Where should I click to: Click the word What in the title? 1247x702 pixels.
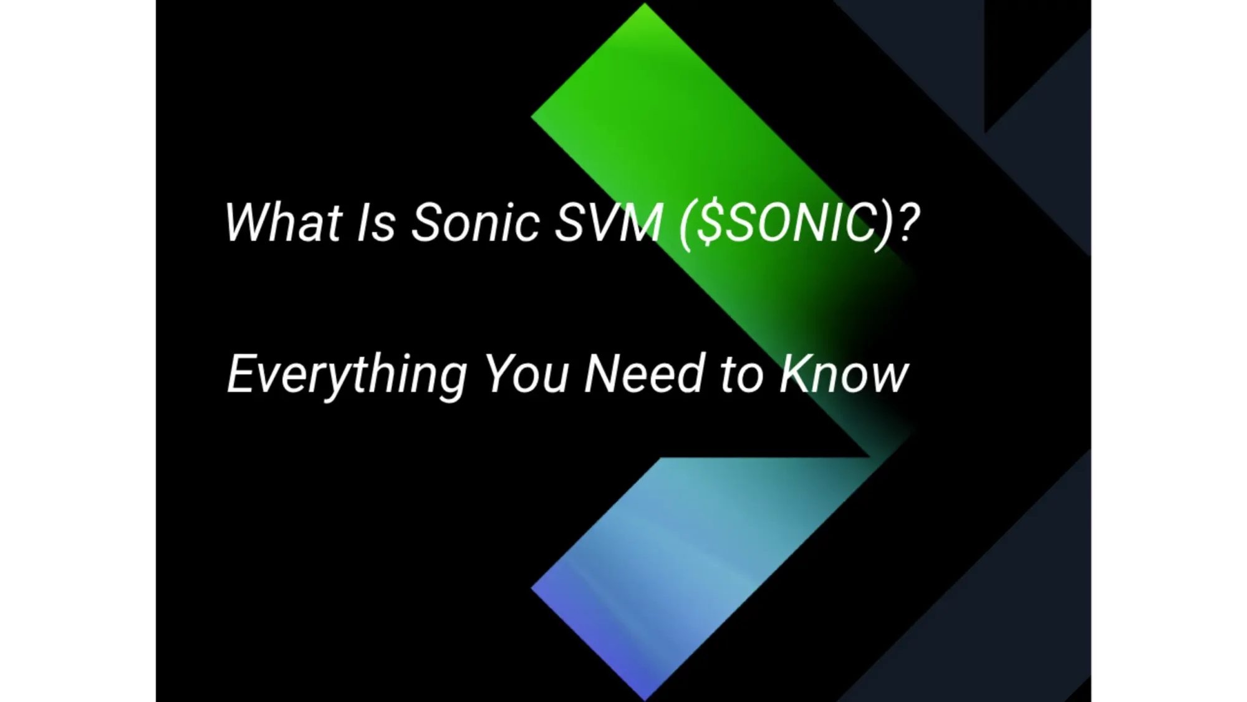[283, 222]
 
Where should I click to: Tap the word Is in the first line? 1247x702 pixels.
[376, 222]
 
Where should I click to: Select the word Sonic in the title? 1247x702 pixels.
[475, 222]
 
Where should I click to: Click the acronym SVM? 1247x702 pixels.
[609, 222]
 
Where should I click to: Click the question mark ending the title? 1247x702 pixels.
[908, 222]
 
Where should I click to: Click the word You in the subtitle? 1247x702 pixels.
[527, 374]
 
